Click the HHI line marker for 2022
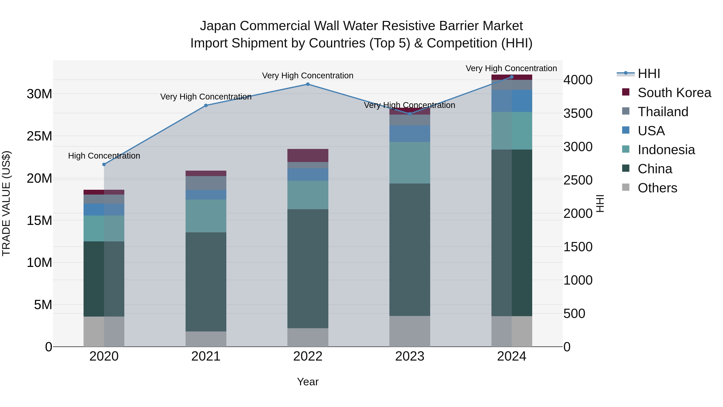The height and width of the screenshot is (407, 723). pos(308,84)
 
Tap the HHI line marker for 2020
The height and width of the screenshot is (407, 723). pos(104,164)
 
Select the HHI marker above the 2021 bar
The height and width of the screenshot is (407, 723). pos(206,105)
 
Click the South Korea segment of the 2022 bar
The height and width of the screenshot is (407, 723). pos(308,155)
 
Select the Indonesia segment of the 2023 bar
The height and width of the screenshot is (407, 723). pos(409,163)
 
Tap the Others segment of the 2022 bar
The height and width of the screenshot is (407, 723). pos(308,337)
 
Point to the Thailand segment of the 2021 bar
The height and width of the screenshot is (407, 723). pos(206,183)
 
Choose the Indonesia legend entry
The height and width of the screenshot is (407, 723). pos(666,150)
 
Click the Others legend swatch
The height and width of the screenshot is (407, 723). pos(626,187)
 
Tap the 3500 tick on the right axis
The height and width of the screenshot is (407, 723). pos(578,114)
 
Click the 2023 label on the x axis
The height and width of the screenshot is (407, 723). pos(409,356)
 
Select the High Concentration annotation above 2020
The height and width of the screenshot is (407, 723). pos(104,156)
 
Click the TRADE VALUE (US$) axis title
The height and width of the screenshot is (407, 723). pos(6,203)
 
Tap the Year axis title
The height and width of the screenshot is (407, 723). pos(308,382)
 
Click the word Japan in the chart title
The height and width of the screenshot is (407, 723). pos(218,26)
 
